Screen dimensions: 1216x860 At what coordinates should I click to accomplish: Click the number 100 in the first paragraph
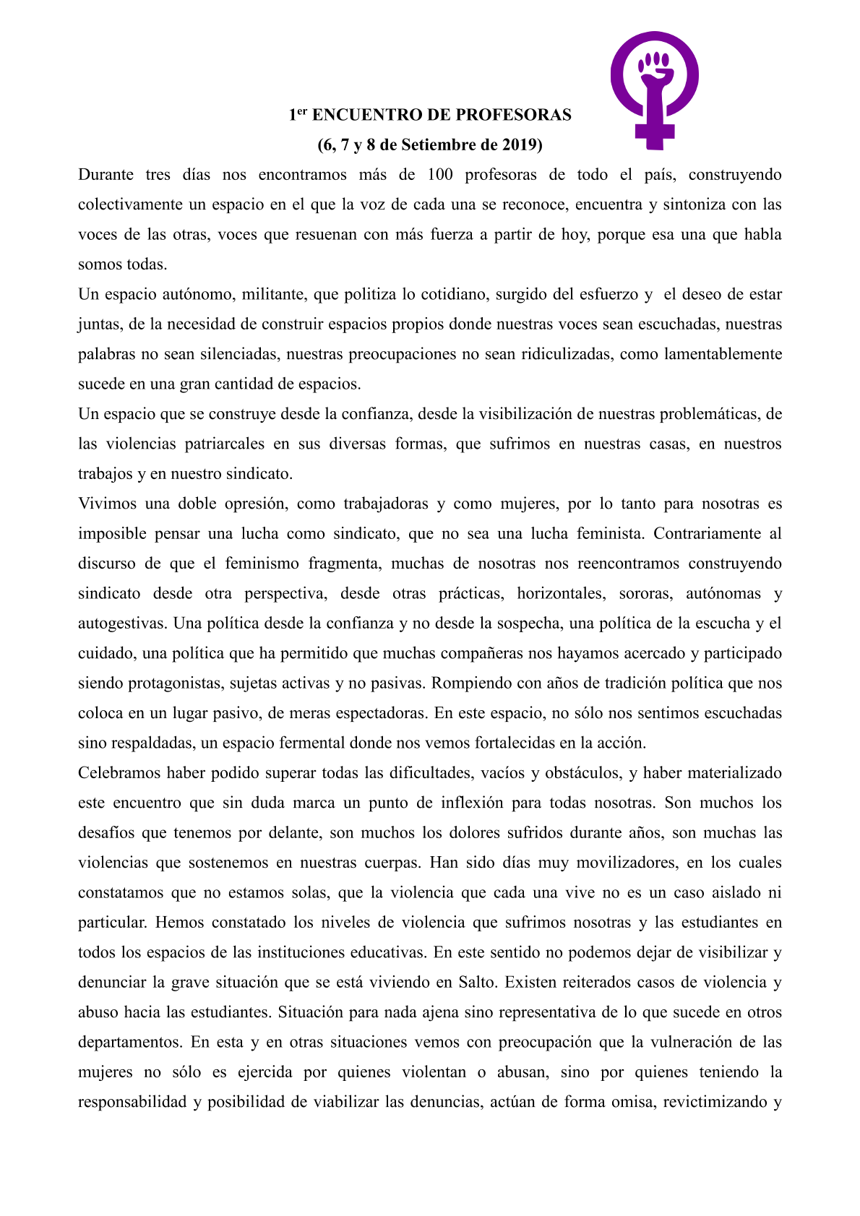(x=440, y=175)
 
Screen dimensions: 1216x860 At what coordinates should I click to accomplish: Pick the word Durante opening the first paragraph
(x=106, y=175)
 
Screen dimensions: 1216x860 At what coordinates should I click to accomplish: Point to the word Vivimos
(x=106, y=504)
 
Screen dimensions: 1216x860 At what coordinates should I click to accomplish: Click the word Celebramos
(x=119, y=773)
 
